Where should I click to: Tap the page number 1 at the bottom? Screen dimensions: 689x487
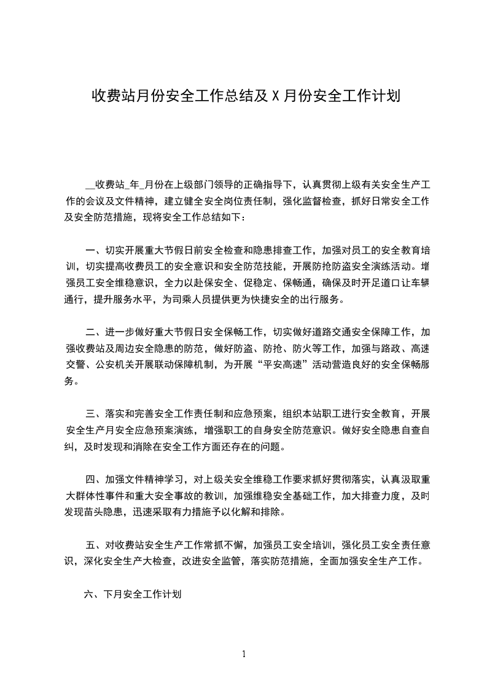tap(244, 654)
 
